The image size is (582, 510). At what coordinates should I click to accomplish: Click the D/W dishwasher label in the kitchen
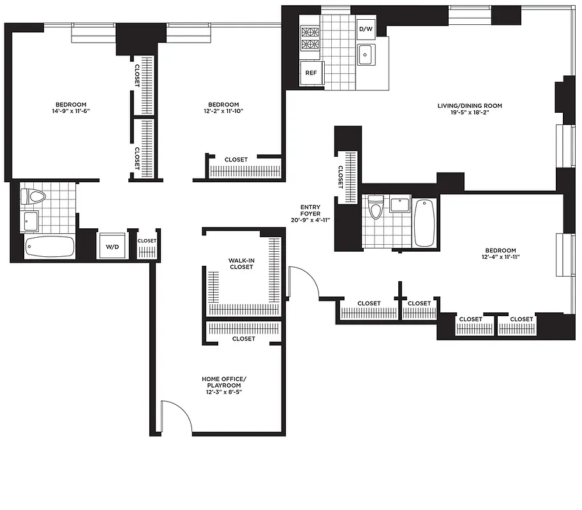366,29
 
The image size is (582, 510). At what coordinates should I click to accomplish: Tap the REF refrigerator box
311,73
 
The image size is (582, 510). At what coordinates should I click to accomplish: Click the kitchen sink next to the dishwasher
366,55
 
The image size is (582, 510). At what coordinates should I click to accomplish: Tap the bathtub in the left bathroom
50,246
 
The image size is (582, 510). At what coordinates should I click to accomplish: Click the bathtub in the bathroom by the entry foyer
424,222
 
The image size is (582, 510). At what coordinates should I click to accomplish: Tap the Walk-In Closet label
241,263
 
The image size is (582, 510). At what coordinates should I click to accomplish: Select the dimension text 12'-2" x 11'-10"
223,112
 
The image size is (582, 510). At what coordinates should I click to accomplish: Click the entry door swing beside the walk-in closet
305,281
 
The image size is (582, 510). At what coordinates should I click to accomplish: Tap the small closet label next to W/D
147,241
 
